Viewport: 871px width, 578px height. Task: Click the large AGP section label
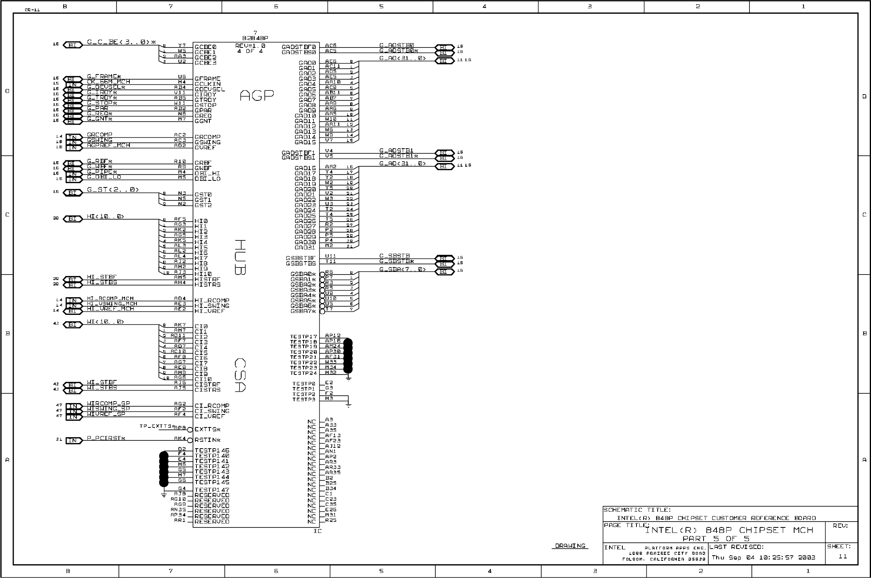click(256, 95)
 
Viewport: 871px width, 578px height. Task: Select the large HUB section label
click(240, 257)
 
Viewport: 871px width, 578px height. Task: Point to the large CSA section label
click(240, 375)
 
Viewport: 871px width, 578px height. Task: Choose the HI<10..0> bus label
click(105, 216)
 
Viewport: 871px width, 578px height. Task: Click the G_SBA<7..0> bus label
click(402, 269)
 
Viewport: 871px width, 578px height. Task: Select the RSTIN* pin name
click(207, 440)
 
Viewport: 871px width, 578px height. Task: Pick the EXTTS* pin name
click(207, 429)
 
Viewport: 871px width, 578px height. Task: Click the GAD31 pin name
click(305, 247)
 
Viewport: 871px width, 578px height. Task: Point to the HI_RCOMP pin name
click(212, 300)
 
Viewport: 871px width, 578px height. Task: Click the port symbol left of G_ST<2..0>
click(73, 193)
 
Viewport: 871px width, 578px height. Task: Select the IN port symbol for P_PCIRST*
click(73, 440)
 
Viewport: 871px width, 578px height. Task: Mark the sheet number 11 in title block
click(842, 556)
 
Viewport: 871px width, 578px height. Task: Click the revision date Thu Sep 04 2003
click(763, 557)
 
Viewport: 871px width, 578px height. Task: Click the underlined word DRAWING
click(570, 546)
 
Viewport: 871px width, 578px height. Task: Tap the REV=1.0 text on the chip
click(250, 46)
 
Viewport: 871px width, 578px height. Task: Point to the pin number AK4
click(180, 438)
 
